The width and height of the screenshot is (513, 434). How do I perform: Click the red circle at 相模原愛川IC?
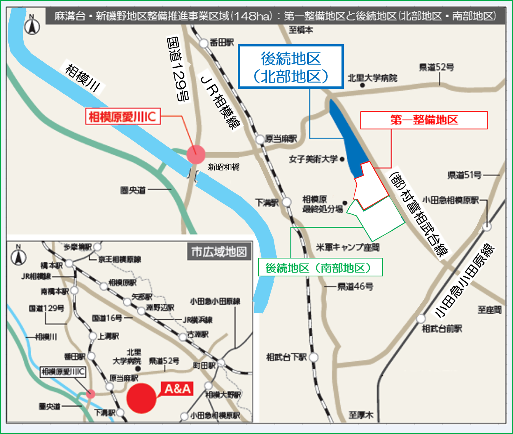tap(196, 155)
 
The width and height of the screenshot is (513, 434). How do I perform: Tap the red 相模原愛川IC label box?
tap(123, 117)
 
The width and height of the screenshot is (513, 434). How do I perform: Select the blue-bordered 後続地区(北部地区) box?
tap(291, 67)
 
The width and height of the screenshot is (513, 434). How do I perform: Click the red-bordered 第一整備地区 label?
tap(424, 120)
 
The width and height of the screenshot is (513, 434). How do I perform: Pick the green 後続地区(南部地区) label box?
tap(320, 268)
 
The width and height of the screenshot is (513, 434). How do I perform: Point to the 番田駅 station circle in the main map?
tap(205, 43)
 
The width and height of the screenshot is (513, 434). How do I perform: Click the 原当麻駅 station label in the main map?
tap(281, 139)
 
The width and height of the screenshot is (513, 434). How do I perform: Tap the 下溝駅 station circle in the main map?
tap(287, 202)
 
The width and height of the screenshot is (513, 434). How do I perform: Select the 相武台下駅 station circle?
tap(314, 357)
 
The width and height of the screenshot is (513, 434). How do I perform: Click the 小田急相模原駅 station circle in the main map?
tap(487, 227)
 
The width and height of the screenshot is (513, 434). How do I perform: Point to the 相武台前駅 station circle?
tap(421, 318)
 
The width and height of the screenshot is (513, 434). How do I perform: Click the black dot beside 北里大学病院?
tap(362, 85)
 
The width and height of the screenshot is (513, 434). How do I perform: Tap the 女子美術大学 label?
tap(313, 159)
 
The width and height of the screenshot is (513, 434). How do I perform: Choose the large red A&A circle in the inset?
tap(141, 398)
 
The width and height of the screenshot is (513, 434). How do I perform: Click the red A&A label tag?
tap(178, 389)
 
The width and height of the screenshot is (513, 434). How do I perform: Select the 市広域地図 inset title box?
tap(219, 252)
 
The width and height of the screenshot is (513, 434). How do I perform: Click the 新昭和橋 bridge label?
tap(224, 167)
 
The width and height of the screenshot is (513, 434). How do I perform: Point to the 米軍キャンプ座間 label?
tap(348, 247)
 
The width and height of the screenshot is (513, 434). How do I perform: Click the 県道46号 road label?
tap(355, 286)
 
